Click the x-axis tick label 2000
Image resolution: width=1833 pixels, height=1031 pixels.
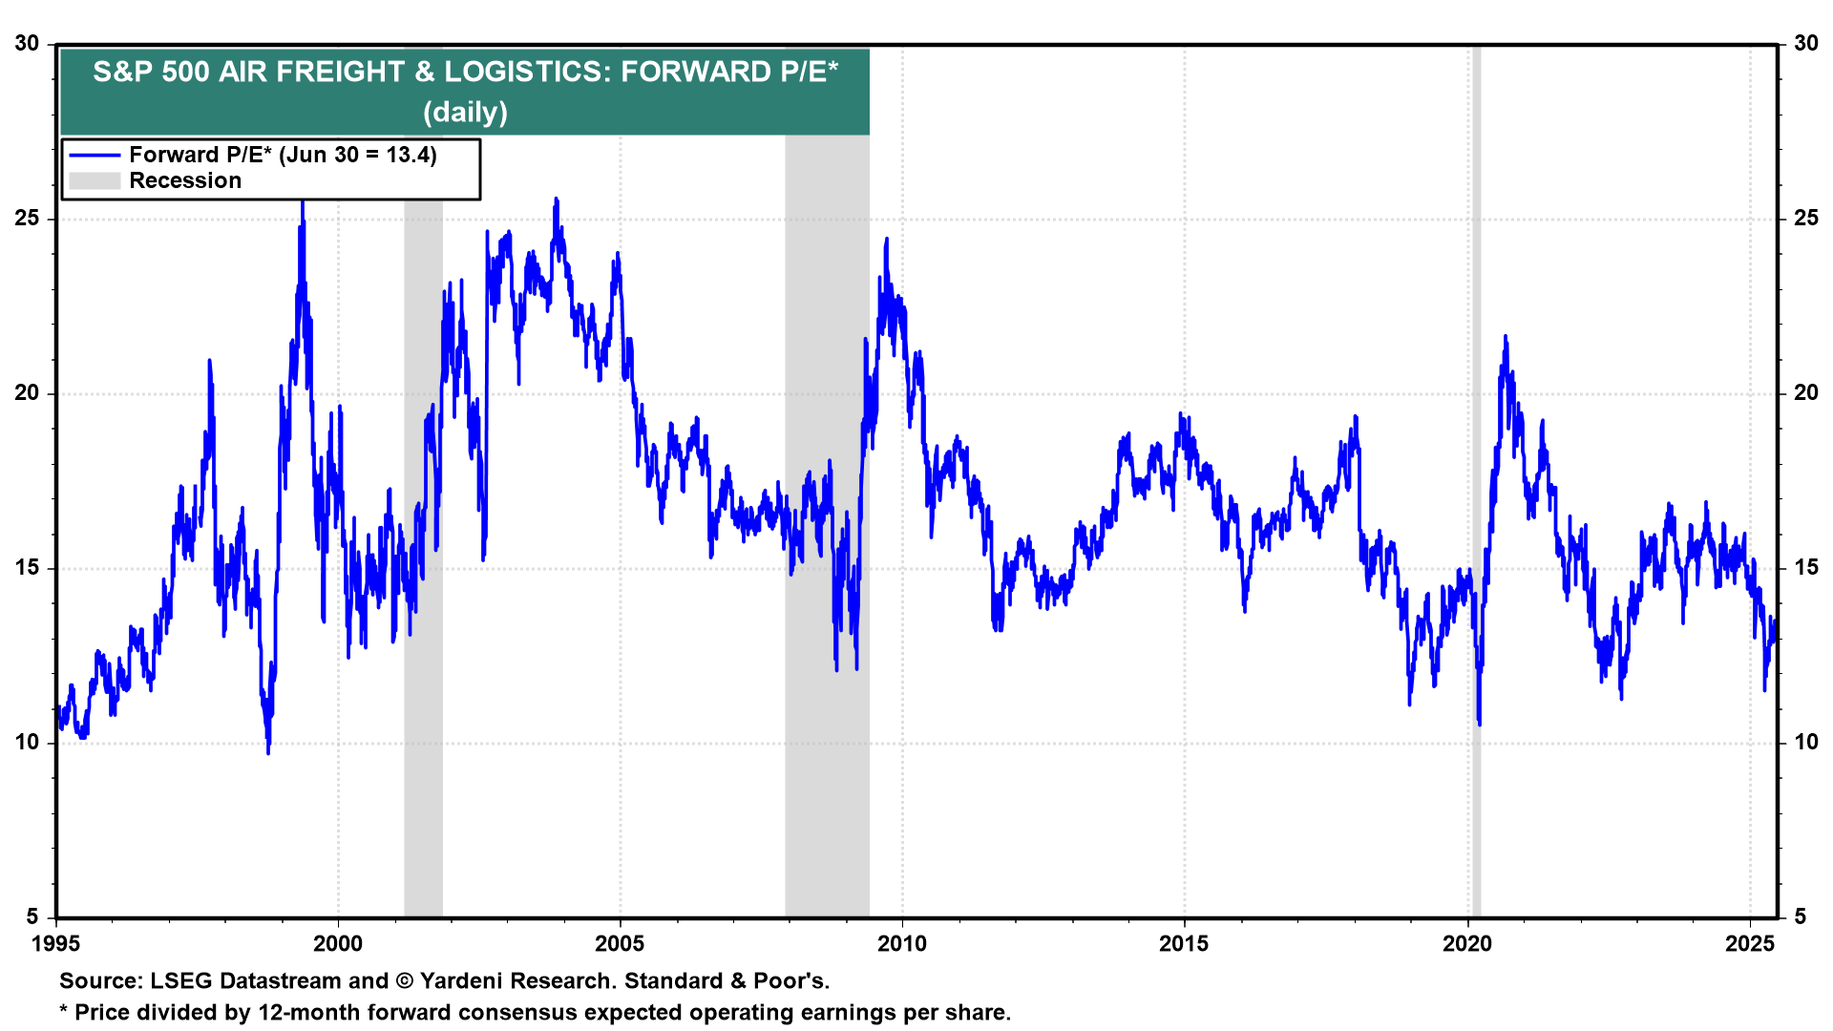click(x=338, y=944)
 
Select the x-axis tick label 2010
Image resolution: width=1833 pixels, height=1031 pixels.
click(x=902, y=944)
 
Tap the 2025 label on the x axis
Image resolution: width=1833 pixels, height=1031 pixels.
click(x=1750, y=944)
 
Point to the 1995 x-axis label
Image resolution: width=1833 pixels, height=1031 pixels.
click(x=56, y=944)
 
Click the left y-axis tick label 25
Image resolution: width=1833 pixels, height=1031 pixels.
click(x=27, y=219)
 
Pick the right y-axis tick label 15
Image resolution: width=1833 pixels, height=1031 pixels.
click(x=1806, y=568)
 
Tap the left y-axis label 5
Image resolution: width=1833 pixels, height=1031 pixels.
click(x=32, y=917)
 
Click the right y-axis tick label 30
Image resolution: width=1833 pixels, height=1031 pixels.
click(x=1806, y=44)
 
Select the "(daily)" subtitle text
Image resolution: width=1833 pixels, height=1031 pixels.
click(x=465, y=113)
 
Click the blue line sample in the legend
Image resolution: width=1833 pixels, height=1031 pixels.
click(x=95, y=156)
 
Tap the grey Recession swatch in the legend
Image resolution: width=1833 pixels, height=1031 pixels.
click(x=95, y=181)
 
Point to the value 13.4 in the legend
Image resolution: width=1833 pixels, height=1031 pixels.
click(x=410, y=156)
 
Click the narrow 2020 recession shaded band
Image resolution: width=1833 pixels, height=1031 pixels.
click(x=1476, y=477)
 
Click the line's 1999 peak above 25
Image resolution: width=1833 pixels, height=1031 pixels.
click(x=303, y=201)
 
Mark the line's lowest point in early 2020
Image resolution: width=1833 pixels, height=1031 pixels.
click(x=1479, y=725)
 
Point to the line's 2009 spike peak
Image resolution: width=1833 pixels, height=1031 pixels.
click(x=887, y=240)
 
